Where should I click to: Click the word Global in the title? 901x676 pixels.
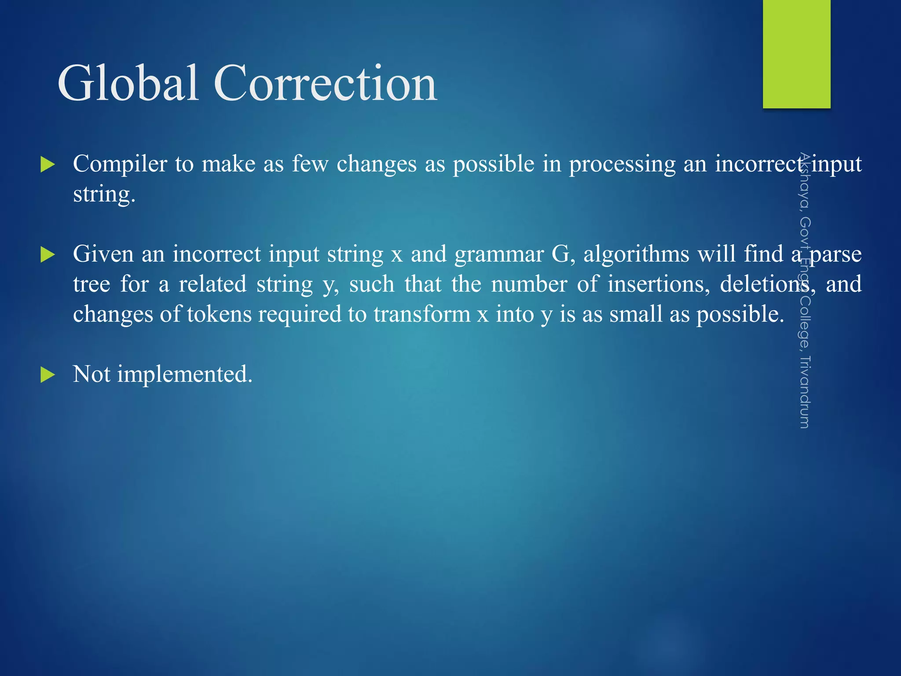(128, 83)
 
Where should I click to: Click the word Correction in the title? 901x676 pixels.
(325, 83)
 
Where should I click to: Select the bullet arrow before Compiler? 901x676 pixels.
(47, 165)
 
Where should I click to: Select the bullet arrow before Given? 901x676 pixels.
(47, 255)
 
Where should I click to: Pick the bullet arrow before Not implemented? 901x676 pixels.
(47, 375)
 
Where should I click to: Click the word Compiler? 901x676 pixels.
(120, 164)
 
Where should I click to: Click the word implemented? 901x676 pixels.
(184, 375)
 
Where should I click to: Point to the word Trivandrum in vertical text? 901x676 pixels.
(804, 392)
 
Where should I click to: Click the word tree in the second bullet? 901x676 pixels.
(92, 285)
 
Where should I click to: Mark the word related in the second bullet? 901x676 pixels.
(212, 284)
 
